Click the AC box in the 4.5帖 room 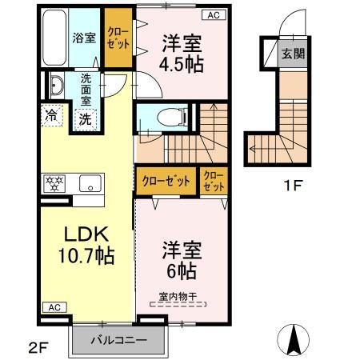(x=214, y=14)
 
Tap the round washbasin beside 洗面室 (x=57, y=86)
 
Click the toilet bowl (x=165, y=116)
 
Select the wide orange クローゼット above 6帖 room (x=166, y=181)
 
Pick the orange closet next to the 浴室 (x=119, y=37)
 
